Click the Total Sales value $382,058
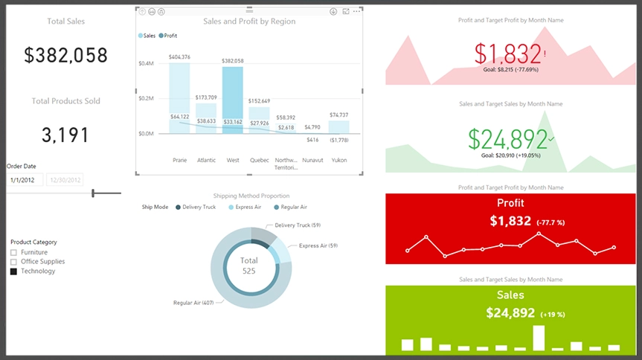click(x=65, y=55)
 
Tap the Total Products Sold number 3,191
click(x=65, y=135)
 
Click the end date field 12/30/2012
click(x=65, y=180)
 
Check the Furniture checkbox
click(x=13, y=253)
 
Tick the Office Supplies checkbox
click(x=13, y=262)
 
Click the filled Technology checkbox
click(x=13, y=271)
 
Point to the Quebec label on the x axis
click(x=259, y=159)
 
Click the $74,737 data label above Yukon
click(x=338, y=115)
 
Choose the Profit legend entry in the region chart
click(x=168, y=35)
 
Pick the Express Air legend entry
click(x=245, y=207)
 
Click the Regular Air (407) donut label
click(x=193, y=303)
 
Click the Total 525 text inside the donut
click(x=249, y=266)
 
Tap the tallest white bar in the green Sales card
click(x=537, y=337)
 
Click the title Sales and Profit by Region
click(x=249, y=22)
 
